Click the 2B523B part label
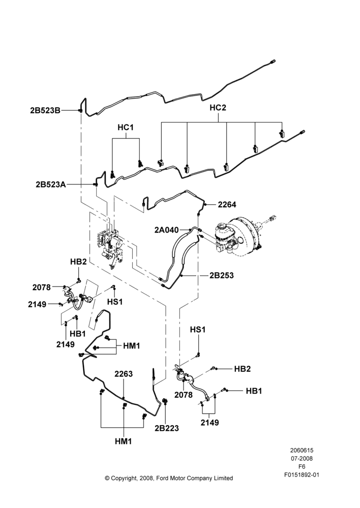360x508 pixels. (x=45, y=110)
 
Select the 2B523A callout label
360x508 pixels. (x=51, y=185)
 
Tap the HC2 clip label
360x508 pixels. (x=218, y=108)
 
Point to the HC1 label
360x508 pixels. (x=126, y=128)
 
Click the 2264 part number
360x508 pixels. (x=227, y=204)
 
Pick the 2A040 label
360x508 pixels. (x=166, y=230)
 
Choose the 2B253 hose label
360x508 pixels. (x=222, y=275)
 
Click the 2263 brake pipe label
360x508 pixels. (x=124, y=374)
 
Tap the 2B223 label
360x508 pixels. (x=167, y=428)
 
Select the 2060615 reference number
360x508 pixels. (x=302, y=450)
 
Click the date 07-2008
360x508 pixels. (x=302, y=458)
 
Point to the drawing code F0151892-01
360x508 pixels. (x=302, y=475)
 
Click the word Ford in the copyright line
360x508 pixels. (x=163, y=478)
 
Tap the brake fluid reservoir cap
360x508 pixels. (x=221, y=227)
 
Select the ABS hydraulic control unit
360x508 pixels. (x=110, y=245)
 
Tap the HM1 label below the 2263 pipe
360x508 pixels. (x=124, y=441)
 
